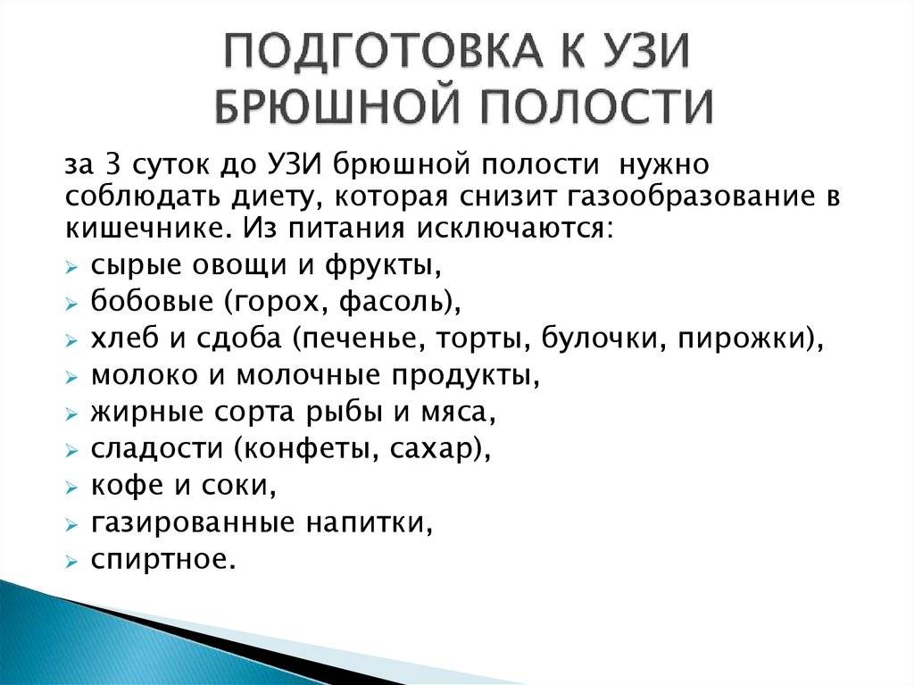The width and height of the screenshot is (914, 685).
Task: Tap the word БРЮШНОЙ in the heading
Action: [x=342, y=106]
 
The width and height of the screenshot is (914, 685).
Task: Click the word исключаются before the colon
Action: [x=509, y=228]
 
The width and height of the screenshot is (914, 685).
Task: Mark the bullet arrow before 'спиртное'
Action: [x=71, y=562]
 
